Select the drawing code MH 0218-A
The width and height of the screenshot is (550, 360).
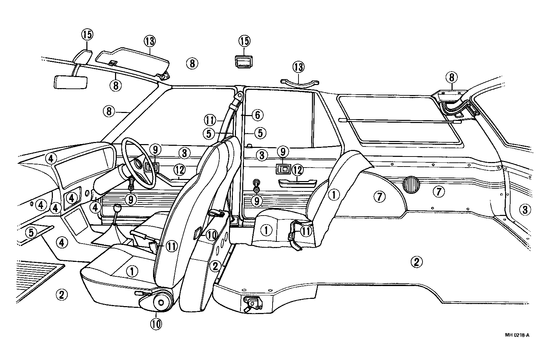(517, 335)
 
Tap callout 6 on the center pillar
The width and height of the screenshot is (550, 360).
(257, 115)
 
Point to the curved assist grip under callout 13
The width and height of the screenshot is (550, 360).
(299, 82)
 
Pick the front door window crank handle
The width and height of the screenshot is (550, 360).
(131, 183)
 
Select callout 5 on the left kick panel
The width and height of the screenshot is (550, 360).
(31, 233)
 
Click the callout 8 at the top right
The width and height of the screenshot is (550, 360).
(452, 78)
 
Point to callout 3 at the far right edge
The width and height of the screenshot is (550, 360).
(524, 209)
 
